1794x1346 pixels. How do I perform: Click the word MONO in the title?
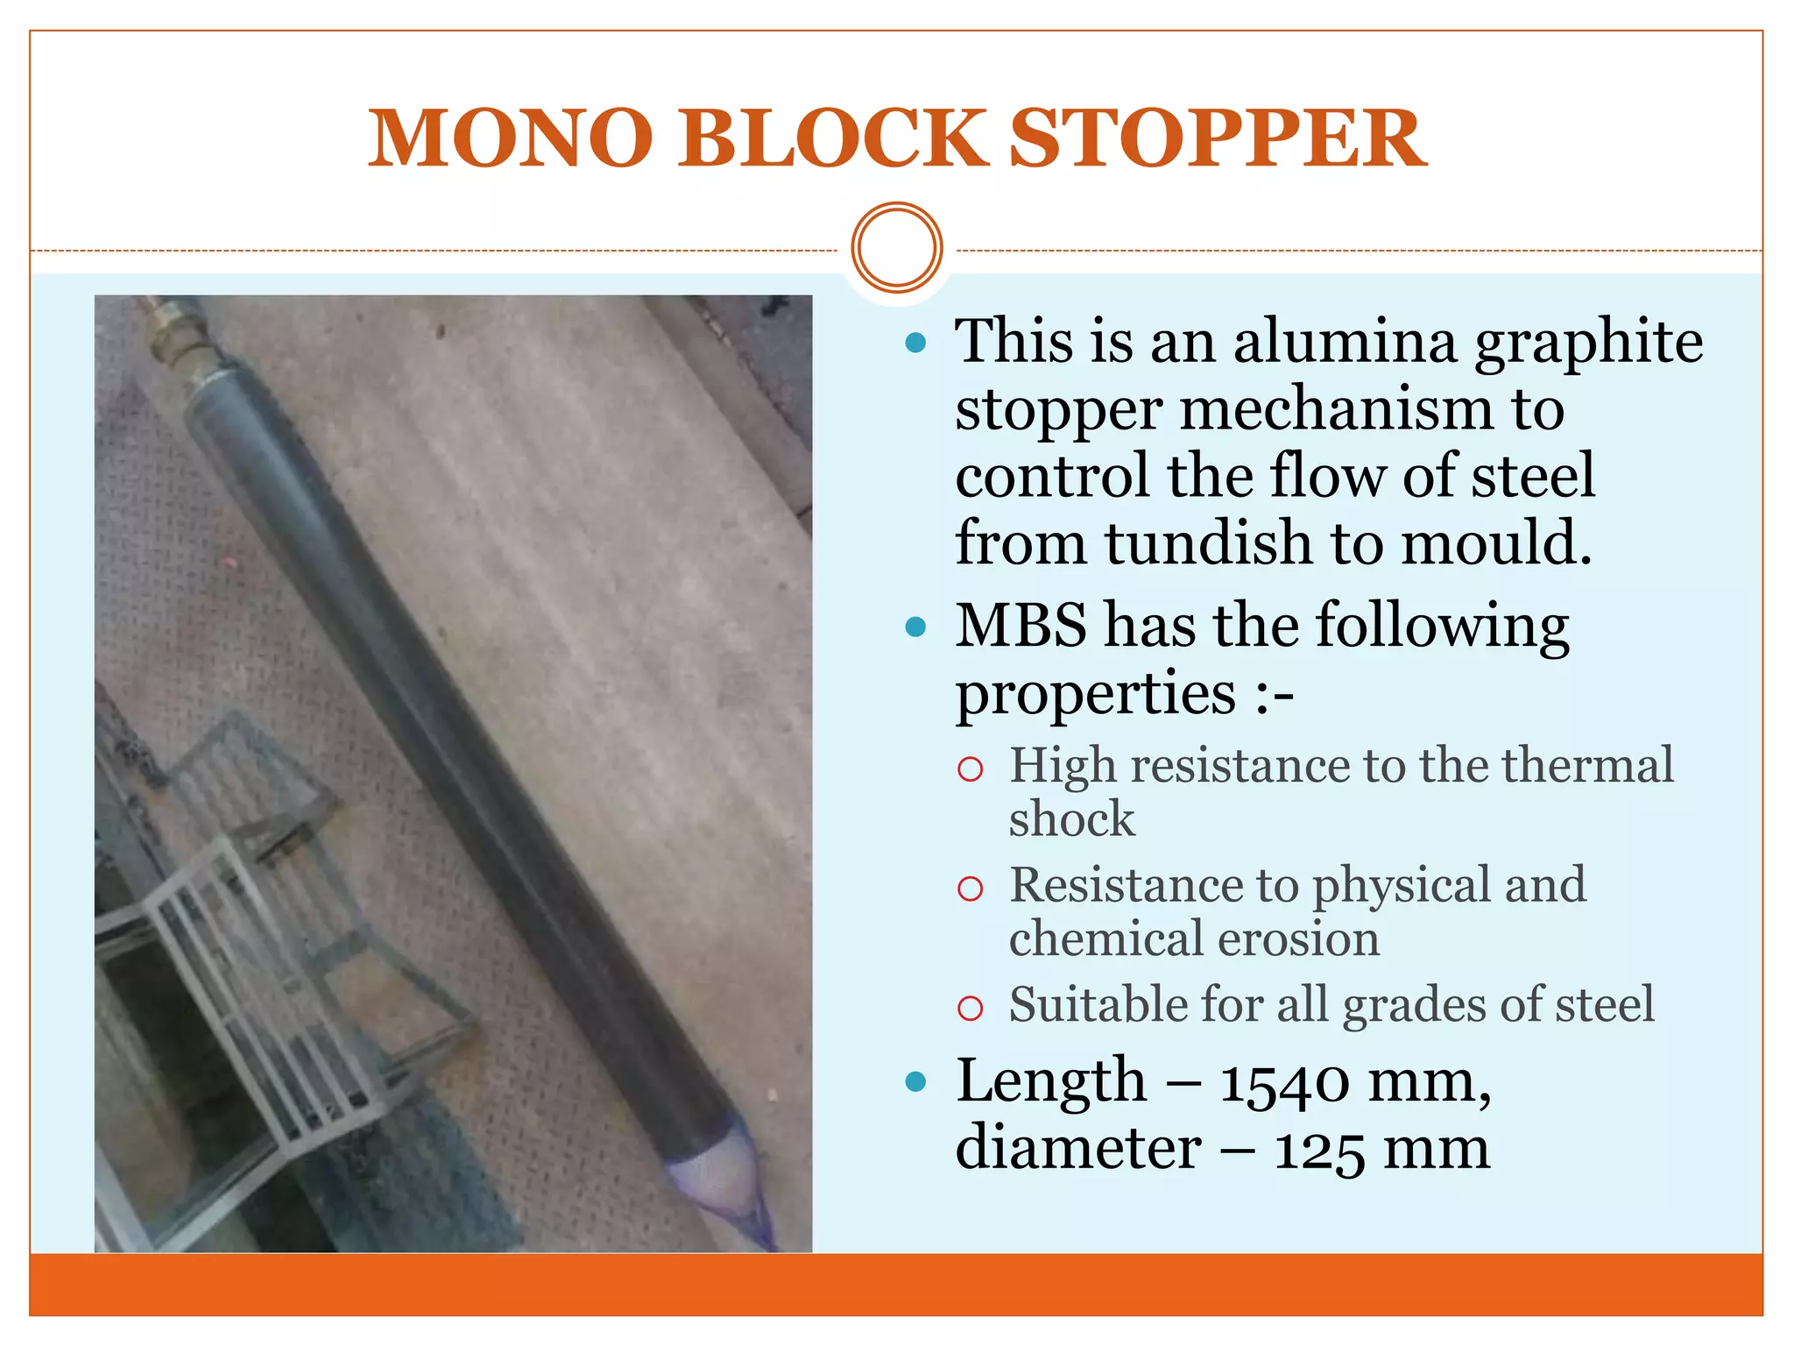[510, 138]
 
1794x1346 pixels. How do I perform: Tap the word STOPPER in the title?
[1218, 138]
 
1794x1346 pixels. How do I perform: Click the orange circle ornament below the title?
[896, 248]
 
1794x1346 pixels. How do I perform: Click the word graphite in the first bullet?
[1589, 344]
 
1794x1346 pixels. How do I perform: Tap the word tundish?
[1210, 542]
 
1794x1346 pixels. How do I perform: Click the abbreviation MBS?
[1021, 626]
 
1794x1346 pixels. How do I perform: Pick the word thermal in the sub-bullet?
[1587, 765]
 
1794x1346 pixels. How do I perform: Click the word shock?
[1071, 819]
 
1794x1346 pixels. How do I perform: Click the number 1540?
[1285, 1083]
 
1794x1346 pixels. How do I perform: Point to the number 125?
[1319, 1150]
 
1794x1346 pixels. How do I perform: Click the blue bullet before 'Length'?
[916, 1082]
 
